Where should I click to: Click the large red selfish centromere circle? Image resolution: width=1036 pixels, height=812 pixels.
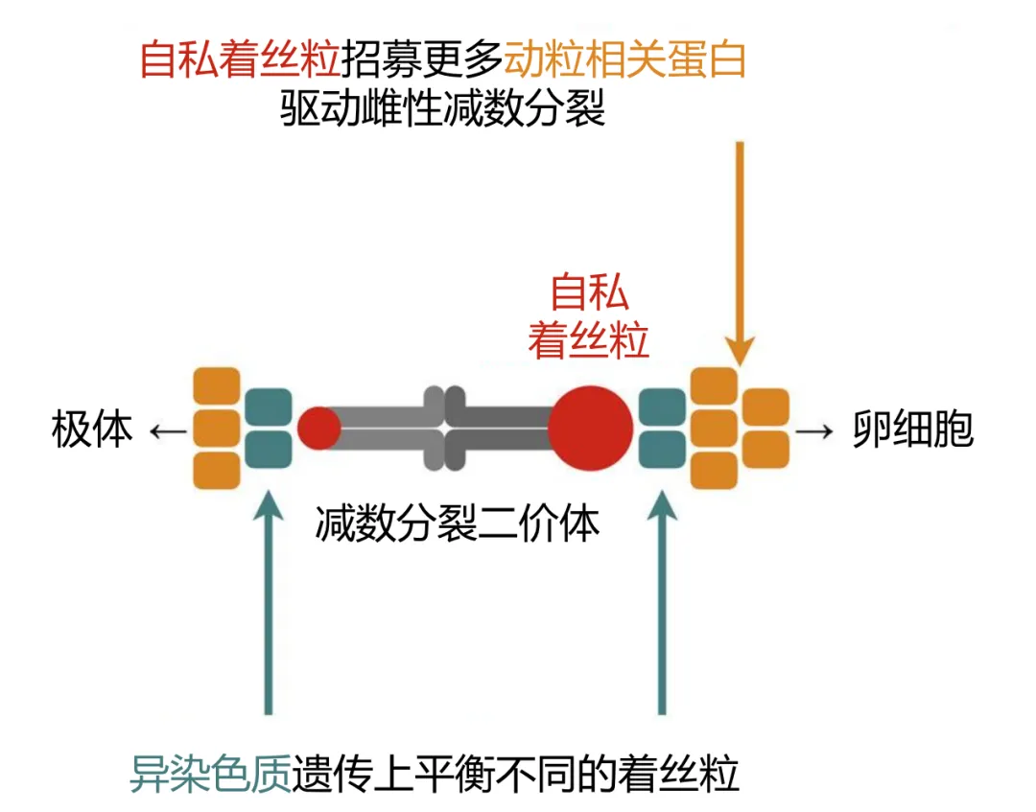pyautogui.click(x=590, y=427)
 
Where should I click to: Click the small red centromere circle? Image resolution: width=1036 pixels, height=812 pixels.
pyautogui.click(x=318, y=429)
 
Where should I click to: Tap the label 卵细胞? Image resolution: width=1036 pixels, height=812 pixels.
pyautogui.click(x=912, y=430)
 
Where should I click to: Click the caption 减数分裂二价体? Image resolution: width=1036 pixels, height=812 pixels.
pyautogui.click(x=457, y=524)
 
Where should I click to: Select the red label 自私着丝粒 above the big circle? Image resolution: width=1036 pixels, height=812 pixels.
pyautogui.click(x=589, y=315)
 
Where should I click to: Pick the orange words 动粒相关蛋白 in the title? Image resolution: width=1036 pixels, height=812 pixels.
pyautogui.click(x=624, y=59)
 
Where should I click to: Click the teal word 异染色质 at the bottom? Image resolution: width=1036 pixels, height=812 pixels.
pyautogui.click(x=210, y=774)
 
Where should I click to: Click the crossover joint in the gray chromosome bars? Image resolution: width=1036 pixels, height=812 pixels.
pyautogui.click(x=443, y=428)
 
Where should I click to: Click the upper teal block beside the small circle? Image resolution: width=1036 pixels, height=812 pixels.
pyautogui.click(x=269, y=406)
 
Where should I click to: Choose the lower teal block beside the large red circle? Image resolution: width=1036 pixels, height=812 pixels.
pyautogui.click(x=661, y=449)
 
